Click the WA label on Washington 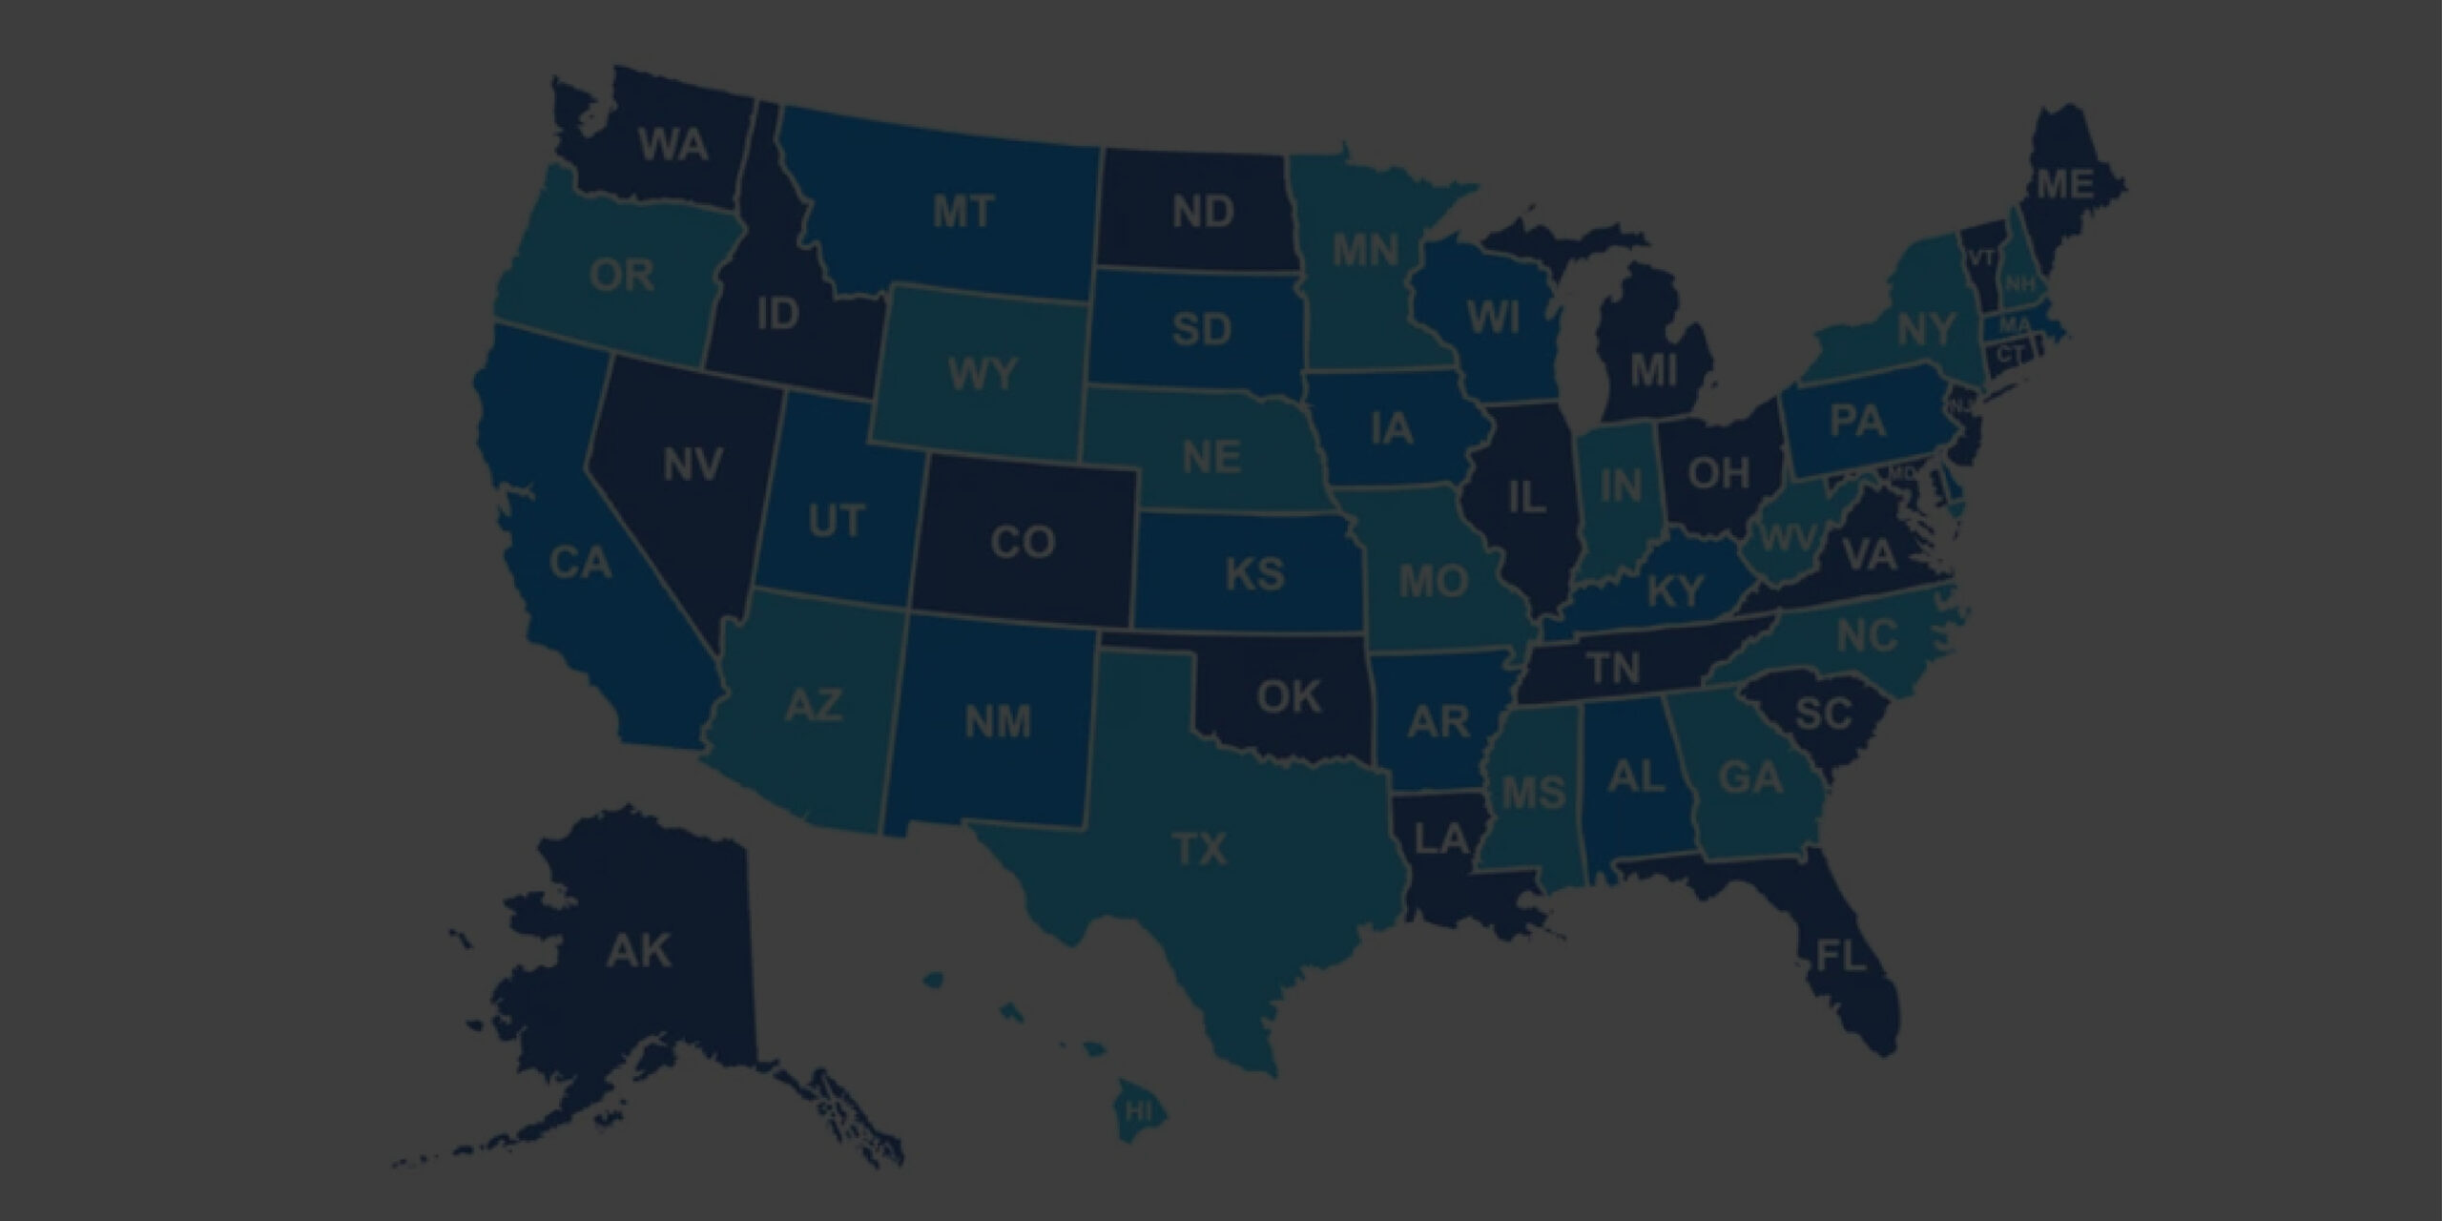673,146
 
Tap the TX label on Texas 1199,848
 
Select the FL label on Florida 1840,955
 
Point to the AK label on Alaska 639,951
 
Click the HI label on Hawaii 1138,1111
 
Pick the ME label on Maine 2065,185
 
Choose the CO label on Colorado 1023,543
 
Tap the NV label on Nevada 693,466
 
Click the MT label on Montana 963,212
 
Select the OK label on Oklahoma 1289,697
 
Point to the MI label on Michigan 1653,370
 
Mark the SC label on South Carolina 1823,713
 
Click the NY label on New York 1926,330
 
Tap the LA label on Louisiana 1441,839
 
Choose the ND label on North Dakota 1203,212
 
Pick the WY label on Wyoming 983,375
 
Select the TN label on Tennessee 1613,668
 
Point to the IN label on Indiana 1620,486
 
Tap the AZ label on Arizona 813,707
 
